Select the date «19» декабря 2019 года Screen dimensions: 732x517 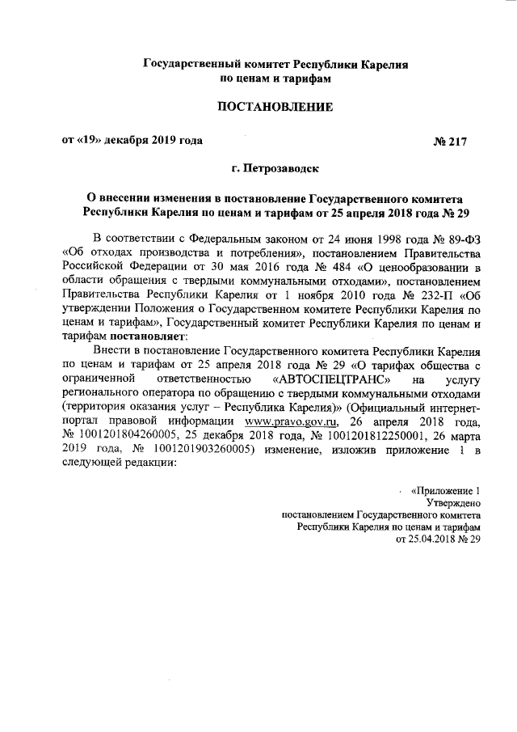pyautogui.click(x=132, y=140)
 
